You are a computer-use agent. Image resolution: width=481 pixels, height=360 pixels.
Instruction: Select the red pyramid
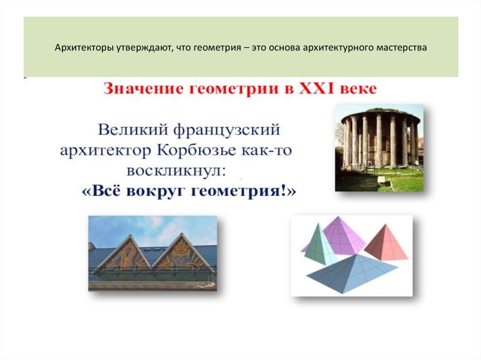(x=388, y=243)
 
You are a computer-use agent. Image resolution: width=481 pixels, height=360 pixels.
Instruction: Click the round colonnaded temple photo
(x=379, y=147)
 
